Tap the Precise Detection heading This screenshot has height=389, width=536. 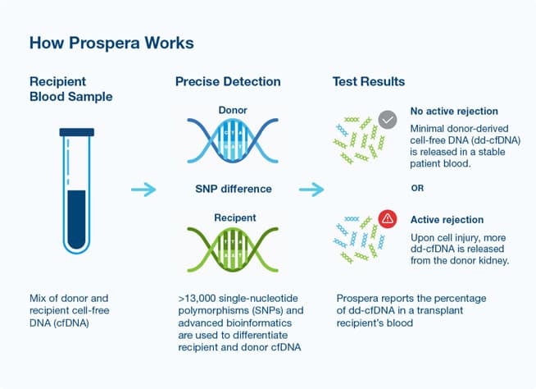pos(228,82)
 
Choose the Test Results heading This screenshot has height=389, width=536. pos(368,82)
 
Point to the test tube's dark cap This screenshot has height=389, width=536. pos(77,131)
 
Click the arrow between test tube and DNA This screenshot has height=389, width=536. pos(143,190)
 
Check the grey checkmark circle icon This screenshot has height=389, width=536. pos(388,120)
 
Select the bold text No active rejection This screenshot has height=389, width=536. pos(454,112)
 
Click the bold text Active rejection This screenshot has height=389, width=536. pos(447,220)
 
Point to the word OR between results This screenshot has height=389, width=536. pos(419,187)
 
